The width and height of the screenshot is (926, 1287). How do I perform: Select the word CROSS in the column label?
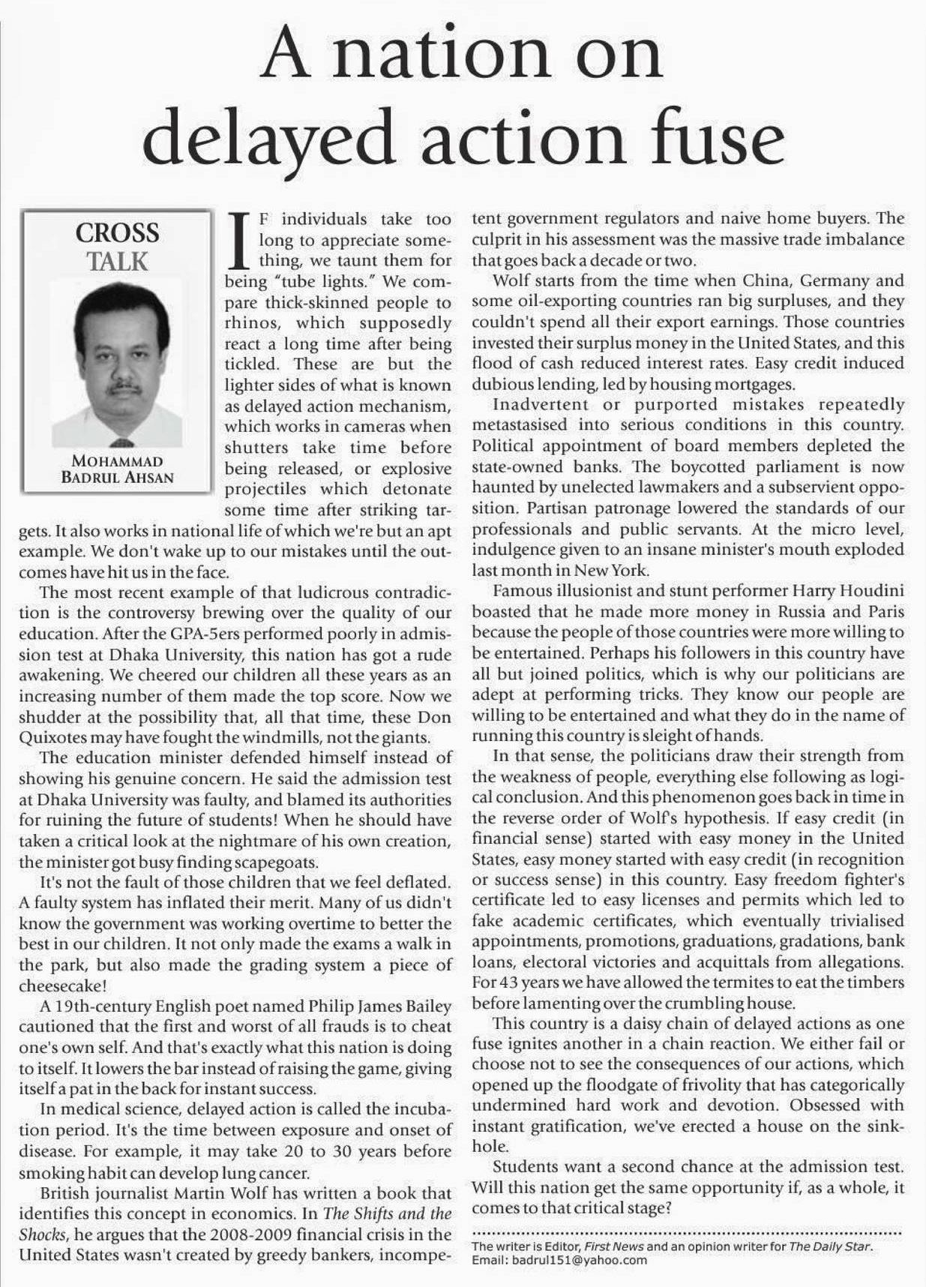pyautogui.click(x=117, y=232)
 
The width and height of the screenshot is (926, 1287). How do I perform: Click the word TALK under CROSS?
pyautogui.click(x=117, y=262)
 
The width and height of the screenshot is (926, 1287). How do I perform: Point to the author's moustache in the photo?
pyautogui.click(x=123, y=388)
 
